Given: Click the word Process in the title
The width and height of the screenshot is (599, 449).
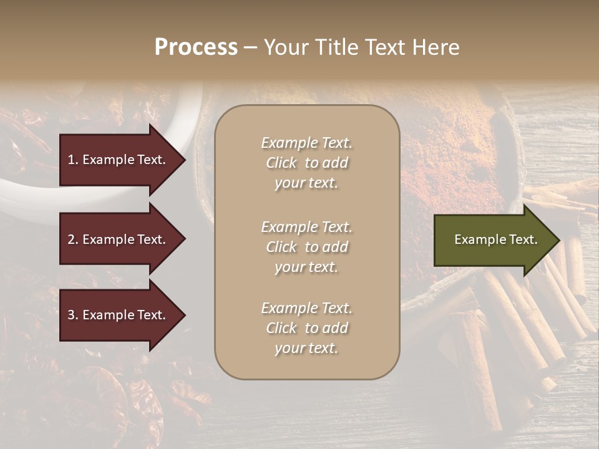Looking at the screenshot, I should [x=196, y=47].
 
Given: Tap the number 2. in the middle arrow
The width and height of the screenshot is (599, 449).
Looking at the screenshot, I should [x=73, y=239].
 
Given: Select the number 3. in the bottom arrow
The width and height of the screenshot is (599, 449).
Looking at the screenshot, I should [x=73, y=315].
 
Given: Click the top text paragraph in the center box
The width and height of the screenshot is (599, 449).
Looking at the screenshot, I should [x=306, y=163].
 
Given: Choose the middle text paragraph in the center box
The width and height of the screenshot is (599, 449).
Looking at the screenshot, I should [x=306, y=247].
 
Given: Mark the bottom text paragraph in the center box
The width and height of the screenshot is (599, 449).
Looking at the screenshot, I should [x=306, y=328].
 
